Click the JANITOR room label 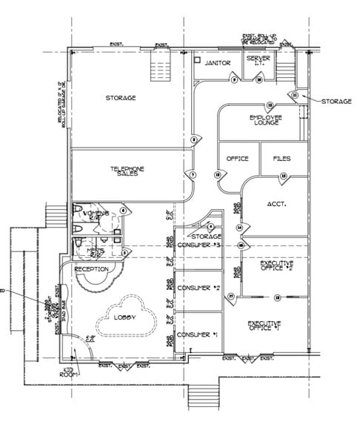pos(219,63)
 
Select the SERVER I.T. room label pos(259,62)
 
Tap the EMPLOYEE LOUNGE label pos(264,119)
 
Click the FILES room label pos(281,159)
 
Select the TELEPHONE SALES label pos(127,171)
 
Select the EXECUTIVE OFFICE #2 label pos(276,265)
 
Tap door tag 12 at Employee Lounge pos(270,105)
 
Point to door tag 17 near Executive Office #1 pos(231,297)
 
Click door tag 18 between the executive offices pos(277,297)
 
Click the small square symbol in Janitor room pos(198,59)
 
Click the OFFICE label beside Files pos(237,159)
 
